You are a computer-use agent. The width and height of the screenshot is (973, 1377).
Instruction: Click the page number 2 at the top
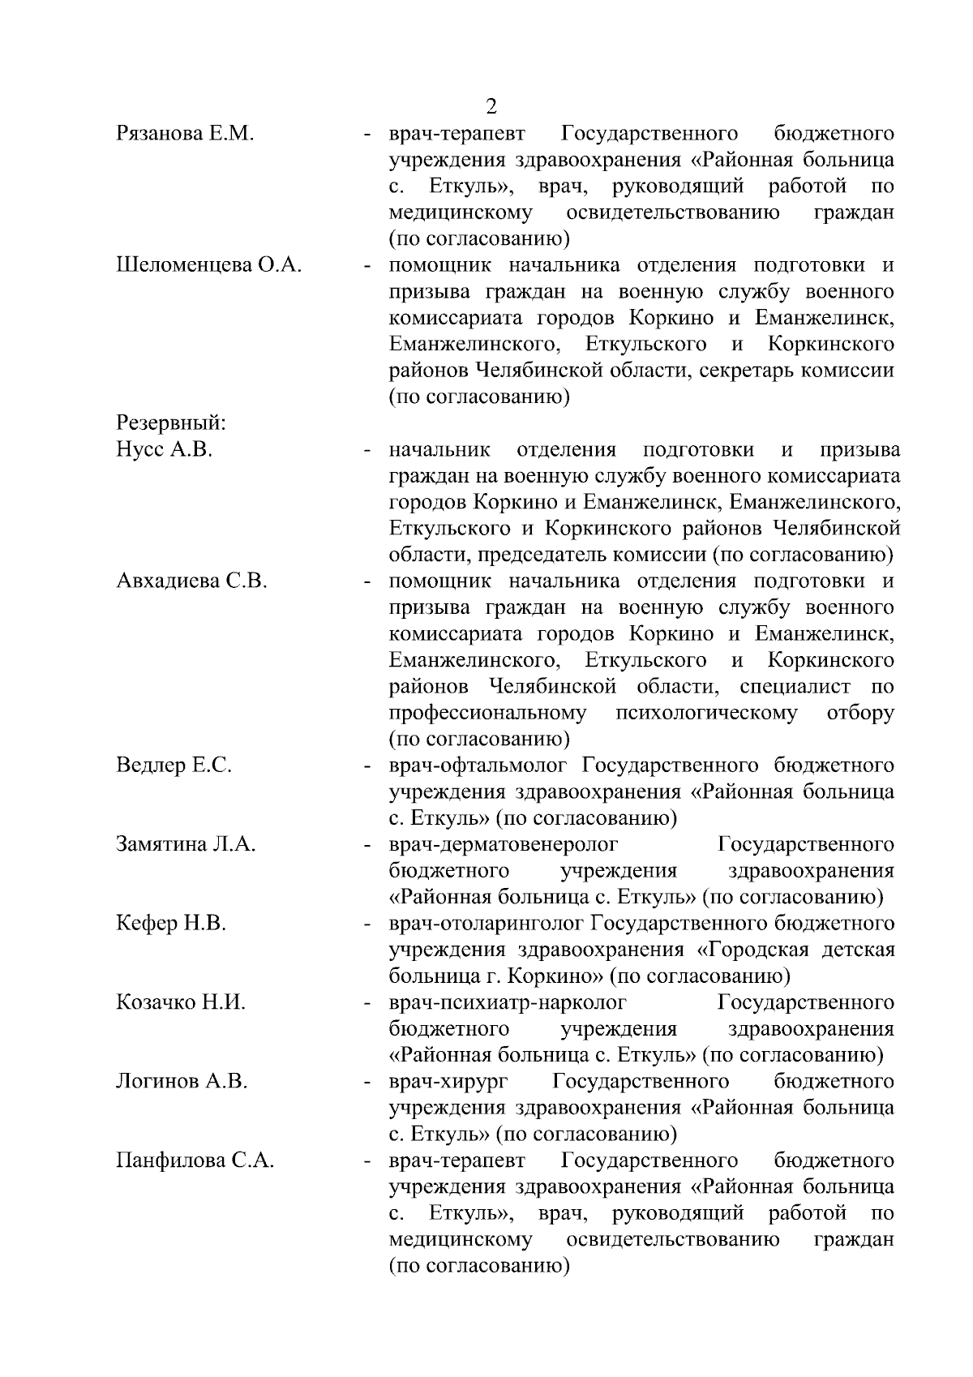click(x=491, y=106)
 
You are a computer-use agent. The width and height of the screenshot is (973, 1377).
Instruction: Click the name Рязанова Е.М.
click(x=186, y=133)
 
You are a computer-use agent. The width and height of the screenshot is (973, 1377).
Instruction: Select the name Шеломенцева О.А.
click(x=209, y=264)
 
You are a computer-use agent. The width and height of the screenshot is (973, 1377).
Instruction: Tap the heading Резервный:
click(x=171, y=423)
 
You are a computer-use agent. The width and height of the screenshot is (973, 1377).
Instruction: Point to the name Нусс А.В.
click(x=165, y=449)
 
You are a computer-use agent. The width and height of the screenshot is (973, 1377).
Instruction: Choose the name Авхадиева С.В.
click(x=191, y=581)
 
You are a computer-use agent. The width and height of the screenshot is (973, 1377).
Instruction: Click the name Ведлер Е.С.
click(x=174, y=765)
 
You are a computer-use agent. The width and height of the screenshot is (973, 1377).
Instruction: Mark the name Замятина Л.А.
click(x=186, y=844)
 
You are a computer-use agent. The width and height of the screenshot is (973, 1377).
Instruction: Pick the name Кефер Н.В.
click(x=171, y=923)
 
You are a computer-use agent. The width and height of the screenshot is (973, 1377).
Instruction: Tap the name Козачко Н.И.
click(x=181, y=1002)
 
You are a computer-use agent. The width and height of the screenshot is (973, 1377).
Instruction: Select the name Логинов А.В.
click(x=182, y=1081)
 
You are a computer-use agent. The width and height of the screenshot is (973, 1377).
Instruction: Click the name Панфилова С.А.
click(x=195, y=1160)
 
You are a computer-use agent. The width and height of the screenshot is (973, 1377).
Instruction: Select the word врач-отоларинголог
click(x=486, y=923)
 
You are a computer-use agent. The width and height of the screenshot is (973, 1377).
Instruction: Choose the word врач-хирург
click(x=448, y=1081)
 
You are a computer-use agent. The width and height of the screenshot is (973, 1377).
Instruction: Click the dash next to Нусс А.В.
click(x=368, y=450)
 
